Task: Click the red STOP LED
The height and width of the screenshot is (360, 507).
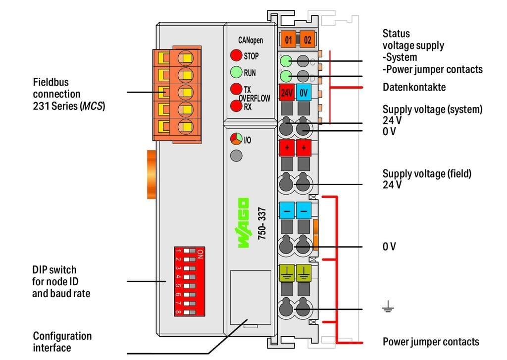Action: [236, 56]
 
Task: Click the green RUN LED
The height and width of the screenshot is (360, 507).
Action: [236, 73]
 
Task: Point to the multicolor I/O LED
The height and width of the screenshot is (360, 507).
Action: [236, 140]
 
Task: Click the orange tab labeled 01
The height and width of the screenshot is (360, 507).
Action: [289, 40]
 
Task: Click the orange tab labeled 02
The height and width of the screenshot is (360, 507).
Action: [307, 40]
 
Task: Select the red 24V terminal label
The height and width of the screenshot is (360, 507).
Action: [287, 93]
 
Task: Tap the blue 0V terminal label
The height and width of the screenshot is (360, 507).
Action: [304, 93]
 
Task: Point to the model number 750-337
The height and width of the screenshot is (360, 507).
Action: [262, 223]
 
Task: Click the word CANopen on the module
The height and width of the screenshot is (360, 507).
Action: [250, 40]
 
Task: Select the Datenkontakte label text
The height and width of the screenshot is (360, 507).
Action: [414, 88]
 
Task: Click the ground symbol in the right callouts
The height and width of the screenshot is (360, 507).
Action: [388, 309]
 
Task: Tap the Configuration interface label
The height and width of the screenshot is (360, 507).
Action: [62, 342]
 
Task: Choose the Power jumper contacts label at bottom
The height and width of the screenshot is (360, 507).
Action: [431, 342]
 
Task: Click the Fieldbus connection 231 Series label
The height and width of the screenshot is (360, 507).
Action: [69, 94]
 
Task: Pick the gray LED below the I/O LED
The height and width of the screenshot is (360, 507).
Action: [236, 156]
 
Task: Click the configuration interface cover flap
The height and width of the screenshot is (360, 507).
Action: [251, 297]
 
